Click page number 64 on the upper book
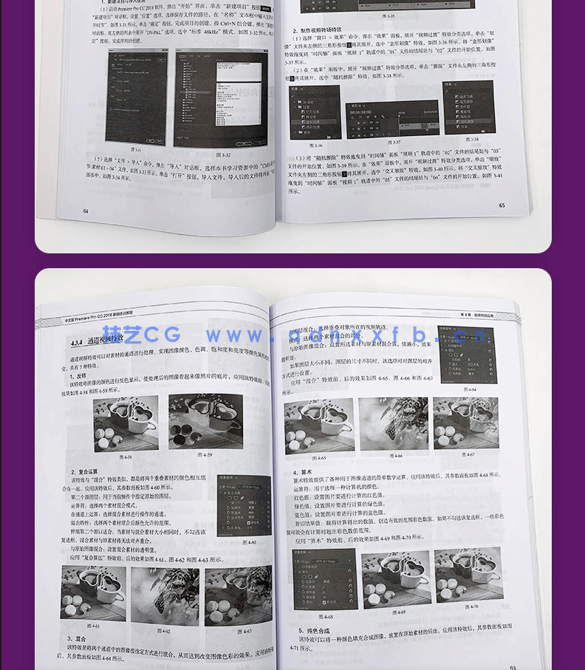click(86, 211)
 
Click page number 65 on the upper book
click(502, 205)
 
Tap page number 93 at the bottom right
click(512, 667)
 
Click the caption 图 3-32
click(225, 155)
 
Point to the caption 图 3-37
click(395, 143)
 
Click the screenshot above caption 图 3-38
click(468, 108)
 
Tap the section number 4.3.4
click(77, 343)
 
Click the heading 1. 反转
click(78, 376)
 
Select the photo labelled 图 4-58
click(125, 423)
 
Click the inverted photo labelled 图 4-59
click(205, 422)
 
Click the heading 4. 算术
click(303, 472)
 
